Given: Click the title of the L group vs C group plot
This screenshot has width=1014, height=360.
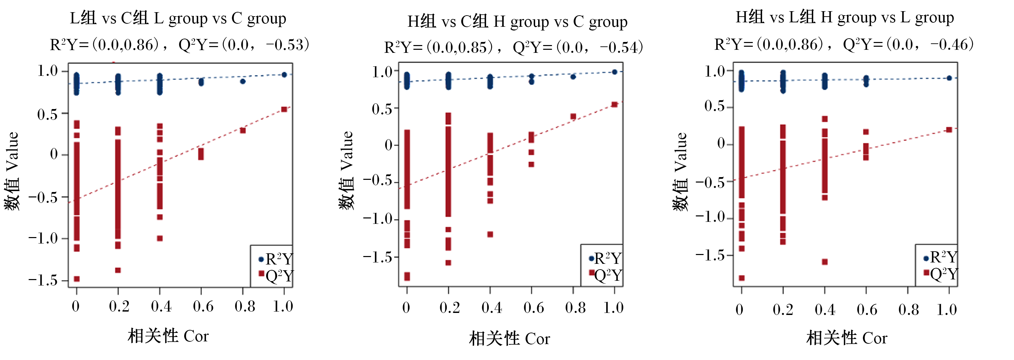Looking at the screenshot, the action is point(178,19).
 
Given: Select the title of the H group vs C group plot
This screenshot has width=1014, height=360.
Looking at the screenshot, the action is point(517,22).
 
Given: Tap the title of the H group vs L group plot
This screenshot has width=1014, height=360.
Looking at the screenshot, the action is point(845,17).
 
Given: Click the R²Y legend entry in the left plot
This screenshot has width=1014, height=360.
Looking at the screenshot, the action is point(276,259).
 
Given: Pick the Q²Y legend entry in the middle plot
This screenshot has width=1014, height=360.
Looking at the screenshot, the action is point(606,275).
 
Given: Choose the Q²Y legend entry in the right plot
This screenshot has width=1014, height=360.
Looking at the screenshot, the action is point(941,273).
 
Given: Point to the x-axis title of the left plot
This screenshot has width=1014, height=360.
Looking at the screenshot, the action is point(168,336).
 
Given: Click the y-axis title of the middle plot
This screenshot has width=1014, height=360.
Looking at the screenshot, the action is point(346,170).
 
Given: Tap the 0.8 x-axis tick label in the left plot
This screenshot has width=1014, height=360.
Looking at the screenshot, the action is point(245,306).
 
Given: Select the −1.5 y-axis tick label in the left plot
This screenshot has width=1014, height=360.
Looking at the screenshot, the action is point(43,280).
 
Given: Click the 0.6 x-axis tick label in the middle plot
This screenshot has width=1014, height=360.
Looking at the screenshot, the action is point(534,308).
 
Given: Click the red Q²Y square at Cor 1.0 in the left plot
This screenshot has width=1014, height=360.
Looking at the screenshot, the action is point(284,109).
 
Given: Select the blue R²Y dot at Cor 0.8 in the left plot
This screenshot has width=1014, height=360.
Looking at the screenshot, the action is point(243,81).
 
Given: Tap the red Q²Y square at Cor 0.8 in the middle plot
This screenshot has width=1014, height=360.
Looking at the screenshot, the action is point(573,117).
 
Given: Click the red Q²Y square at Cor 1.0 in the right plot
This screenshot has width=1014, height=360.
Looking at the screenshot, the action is point(949,130).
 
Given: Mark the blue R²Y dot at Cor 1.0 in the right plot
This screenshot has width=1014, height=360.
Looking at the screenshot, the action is point(949,78).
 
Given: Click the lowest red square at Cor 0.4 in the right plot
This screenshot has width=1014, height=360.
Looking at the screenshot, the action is point(825,262).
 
